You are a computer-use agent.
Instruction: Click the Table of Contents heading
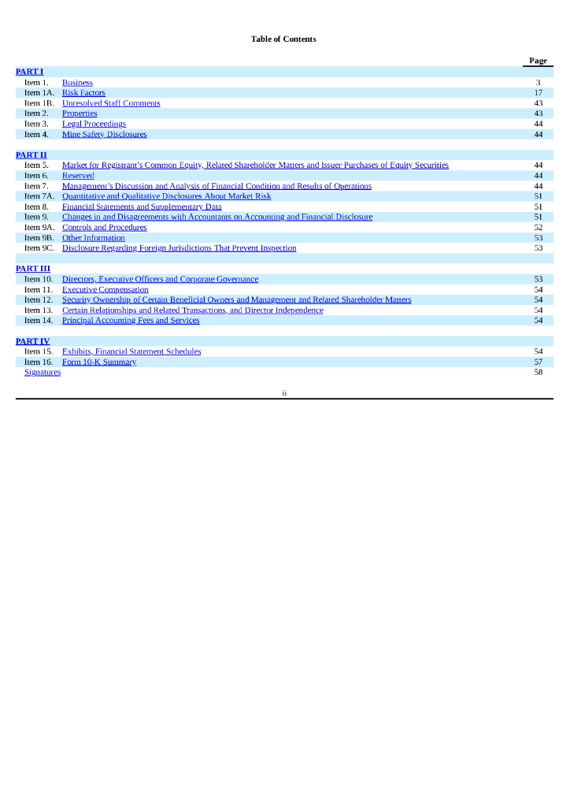(x=283, y=39)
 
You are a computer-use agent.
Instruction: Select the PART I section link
(x=29, y=72)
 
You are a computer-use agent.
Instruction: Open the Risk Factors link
(x=83, y=93)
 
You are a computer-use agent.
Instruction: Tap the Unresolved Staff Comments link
(x=111, y=103)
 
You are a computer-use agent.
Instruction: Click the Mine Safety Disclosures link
(x=104, y=134)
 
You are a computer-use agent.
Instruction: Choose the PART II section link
(x=31, y=155)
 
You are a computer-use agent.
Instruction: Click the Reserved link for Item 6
(x=78, y=176)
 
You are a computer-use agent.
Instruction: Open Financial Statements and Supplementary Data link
(x=142, y=206)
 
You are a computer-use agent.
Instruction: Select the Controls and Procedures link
(x=104, y=227)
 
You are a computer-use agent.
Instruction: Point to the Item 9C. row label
(x=39, y=247)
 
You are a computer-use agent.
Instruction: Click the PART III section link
(x=33, y=269)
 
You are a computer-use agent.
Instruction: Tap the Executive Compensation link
(x=105, y=289)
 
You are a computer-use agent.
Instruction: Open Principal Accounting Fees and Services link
(x=131, y=320)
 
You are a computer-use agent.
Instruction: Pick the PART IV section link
(x=32, y=341)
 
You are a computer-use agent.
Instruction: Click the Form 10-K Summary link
(x=99, y=362)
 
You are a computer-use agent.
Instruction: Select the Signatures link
(x=43, y=372)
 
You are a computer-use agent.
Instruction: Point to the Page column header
(x=538, y=61)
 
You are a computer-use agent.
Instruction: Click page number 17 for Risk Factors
(x=539, y=93)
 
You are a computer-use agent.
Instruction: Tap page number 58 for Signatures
(x=539, y=372)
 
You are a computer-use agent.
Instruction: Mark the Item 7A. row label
(x=39, y=196)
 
